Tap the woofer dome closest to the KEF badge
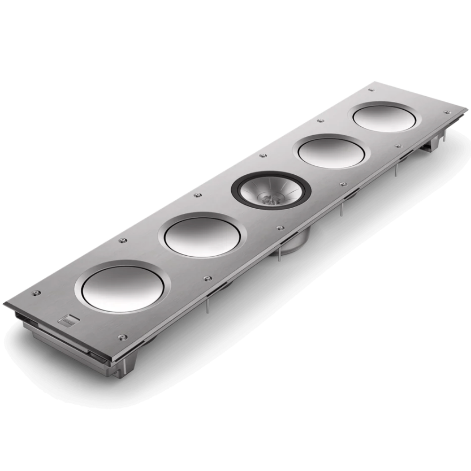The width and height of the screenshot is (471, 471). click(120, 288)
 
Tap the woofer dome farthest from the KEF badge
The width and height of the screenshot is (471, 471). click(384, 118)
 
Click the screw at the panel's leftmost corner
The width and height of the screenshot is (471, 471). click(35, 293)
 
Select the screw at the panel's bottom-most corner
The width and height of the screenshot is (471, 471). click(122, 337)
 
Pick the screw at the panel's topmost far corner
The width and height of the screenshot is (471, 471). click(371, 89)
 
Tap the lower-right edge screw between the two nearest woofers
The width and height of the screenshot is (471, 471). click(206, 278)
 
